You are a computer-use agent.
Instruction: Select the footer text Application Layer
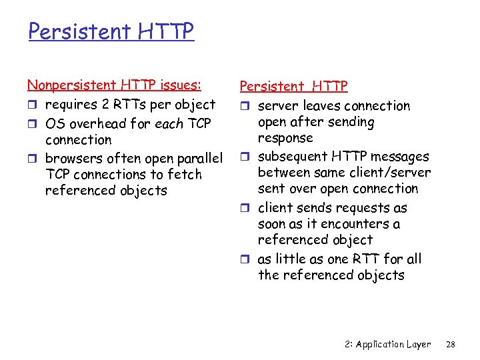(x=393, y=344)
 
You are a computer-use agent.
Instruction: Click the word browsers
(x=72, y=158)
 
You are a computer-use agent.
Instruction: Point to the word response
(x=285, y=138)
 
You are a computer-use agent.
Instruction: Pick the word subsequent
(x=291, y=157)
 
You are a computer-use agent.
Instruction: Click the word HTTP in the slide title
(x=166, y=31)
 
